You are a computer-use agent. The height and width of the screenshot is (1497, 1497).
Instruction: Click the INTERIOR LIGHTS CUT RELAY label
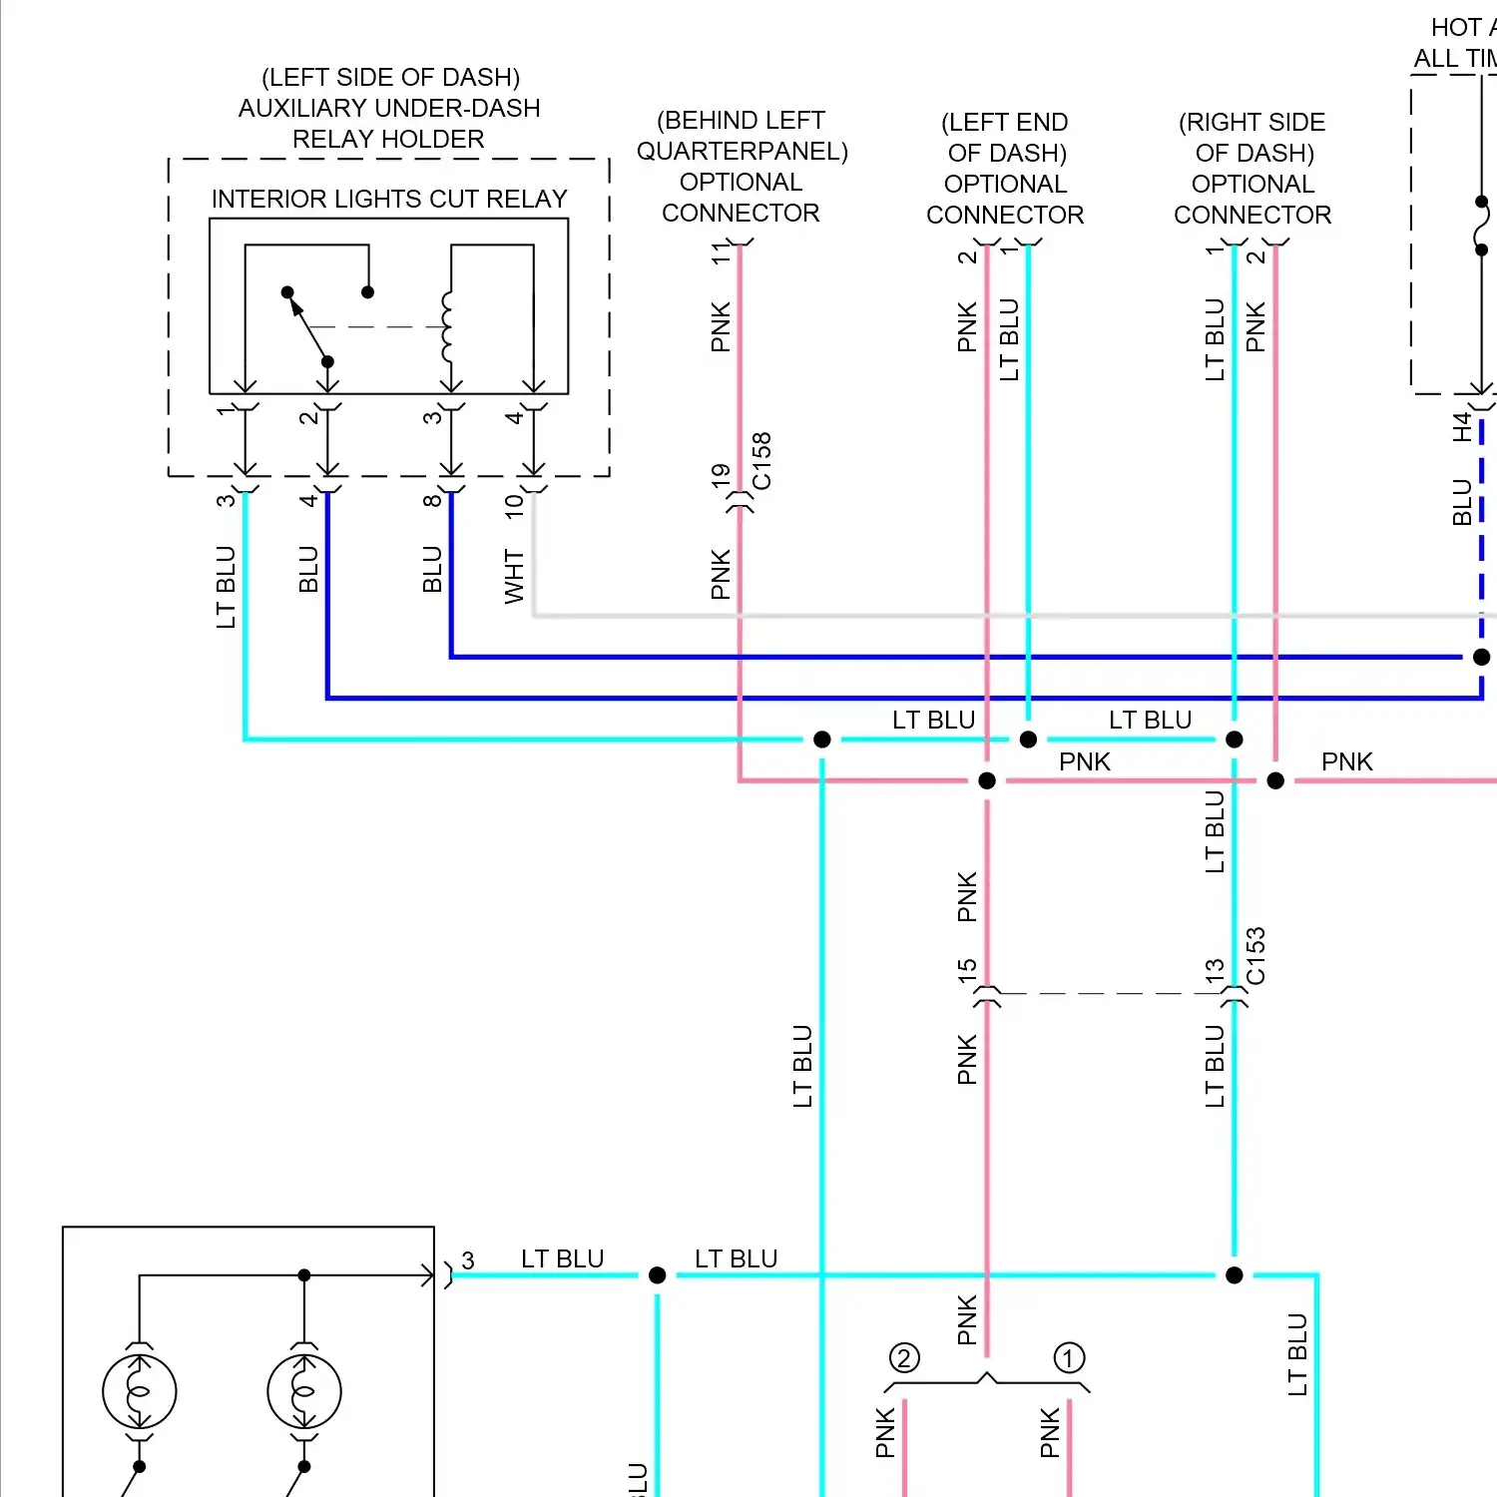tap(389, 199)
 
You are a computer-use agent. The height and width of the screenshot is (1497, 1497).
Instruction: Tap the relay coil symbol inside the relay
tap(446, 327)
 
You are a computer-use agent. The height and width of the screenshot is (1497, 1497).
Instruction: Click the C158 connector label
tap(761, 461)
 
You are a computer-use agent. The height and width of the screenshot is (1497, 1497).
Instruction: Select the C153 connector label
tap(1255, 956)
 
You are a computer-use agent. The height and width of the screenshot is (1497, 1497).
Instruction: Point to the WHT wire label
tap(514, 576)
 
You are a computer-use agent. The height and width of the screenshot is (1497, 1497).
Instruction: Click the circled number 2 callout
tap(904, 1358)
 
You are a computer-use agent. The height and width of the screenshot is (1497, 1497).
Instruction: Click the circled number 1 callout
tap(1069, 1358)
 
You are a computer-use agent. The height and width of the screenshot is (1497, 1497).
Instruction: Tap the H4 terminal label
tap(1462, 427)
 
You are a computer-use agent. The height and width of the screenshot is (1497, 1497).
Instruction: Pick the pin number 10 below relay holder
tap(514, 505)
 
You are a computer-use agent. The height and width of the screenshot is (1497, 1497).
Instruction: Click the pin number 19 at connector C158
tap(721, 476)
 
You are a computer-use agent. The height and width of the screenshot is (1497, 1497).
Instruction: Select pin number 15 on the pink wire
tap(966, 971)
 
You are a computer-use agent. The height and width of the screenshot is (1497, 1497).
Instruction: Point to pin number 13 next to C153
tap(1215, 971)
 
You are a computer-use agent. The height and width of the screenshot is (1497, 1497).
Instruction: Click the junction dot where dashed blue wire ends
tap(1482, 657)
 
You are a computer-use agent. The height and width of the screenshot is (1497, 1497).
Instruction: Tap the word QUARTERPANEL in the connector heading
tap(742, 152)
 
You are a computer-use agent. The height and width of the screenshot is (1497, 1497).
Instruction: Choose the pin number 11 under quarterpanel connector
tap(721, 254)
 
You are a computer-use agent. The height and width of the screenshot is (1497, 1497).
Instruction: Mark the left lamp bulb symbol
tap(140, 1391)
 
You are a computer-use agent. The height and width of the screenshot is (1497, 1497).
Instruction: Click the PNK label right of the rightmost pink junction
tap(1346, 762)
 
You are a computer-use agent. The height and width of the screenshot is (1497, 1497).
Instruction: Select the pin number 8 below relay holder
tap(431, 501)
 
